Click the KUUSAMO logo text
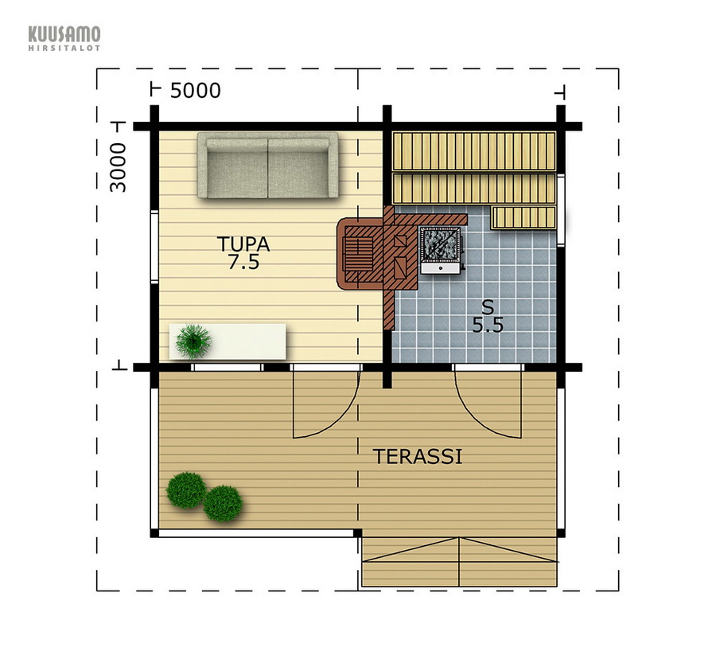pos(64,34)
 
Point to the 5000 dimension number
pos(196,91)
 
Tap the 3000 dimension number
pos(118,167)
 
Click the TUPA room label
pos(243,244)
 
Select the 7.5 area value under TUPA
pos(244,263)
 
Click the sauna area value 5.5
pos(488,326)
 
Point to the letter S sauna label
pos(488,307)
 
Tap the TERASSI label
pos(418,457)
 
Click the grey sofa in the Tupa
pos(268,166)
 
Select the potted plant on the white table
pos(193,341)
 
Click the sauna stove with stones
pos(440,250)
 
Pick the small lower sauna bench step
pos(523,218)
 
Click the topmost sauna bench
pos(474,151)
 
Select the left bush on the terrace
pos(186,490)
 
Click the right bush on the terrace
pos(223,503)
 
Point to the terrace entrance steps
pos(459,562)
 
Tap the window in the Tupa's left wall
pos(154,247)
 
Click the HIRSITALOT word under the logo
pos(64,48)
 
